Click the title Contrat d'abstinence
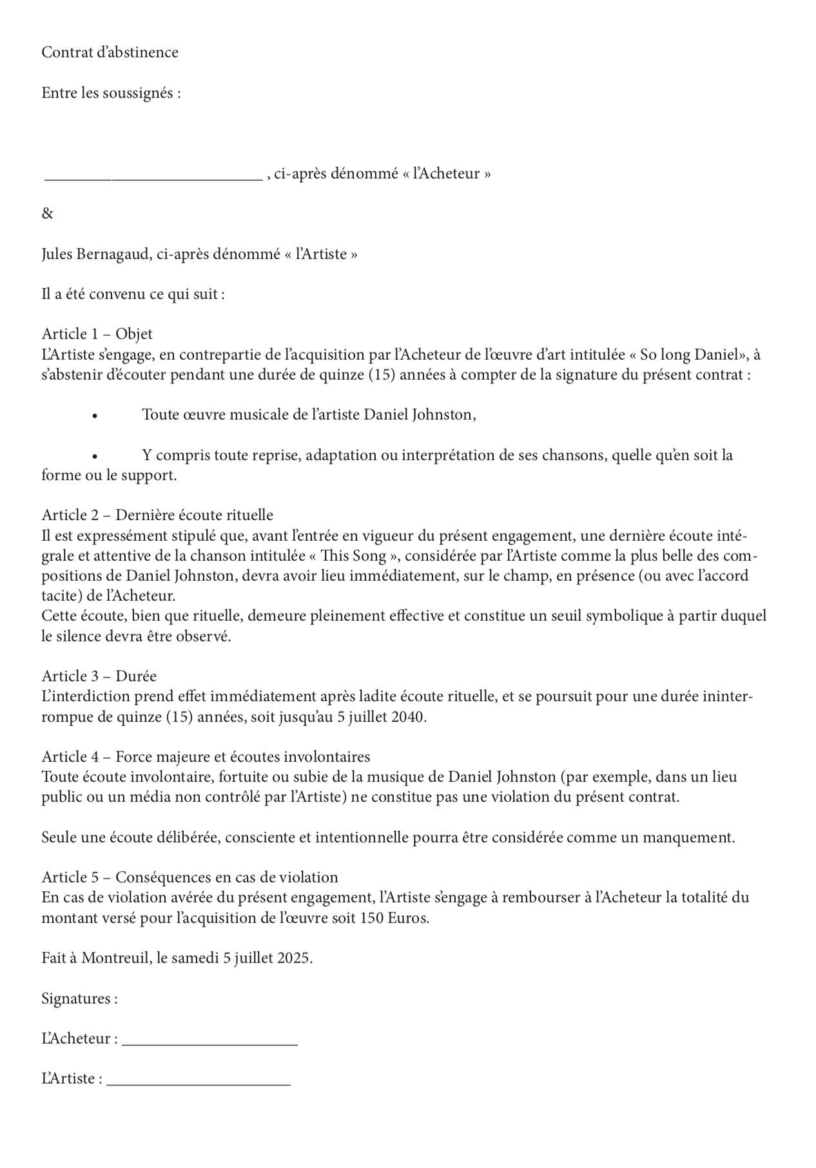point(110,52)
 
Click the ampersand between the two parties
point(47,213)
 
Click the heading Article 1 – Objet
point(97,334)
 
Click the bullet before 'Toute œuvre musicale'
point(95,416)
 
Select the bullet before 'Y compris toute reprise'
point(95,456)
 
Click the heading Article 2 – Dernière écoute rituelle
point(157,515)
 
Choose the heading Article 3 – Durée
point(99,676)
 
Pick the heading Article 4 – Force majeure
point(206,757)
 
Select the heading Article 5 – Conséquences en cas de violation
point(189,877)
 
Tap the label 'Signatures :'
point(79,998)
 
